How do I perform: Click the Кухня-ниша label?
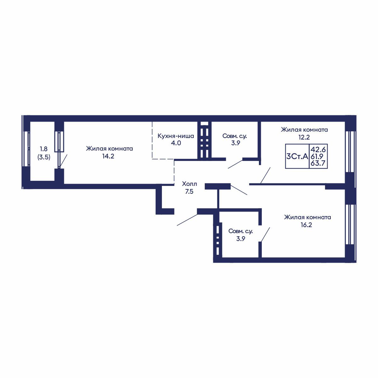click(175, 136)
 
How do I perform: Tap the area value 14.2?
click(108, 156)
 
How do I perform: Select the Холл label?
click(189, 184)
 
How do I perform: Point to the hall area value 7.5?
click(189, 191)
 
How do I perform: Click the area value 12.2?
click(304, 137)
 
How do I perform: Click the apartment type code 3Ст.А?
click(297, 156)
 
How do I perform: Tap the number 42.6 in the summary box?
click(318, 150)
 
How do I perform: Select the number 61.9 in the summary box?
click(317, 156)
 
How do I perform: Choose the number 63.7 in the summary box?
click(318, 163)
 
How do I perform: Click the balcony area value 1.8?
click(44, 149)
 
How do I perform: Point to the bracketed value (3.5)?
click(44, 157)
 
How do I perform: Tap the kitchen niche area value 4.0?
click(176, 143)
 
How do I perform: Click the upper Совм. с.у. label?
click(235, 136)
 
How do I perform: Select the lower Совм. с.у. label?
click(240, 231)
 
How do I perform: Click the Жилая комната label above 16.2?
click(307, 217)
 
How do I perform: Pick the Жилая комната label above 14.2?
click(109, 148)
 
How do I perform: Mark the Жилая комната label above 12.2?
click(304, 130)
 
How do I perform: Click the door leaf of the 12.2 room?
click(266, 175)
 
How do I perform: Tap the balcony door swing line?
click(64, 161)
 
